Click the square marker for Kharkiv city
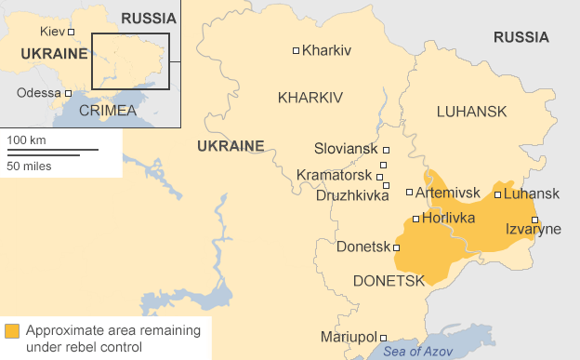297,50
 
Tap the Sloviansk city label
346,149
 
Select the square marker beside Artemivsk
410,193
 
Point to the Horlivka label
448,219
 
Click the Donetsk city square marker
397,247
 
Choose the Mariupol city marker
384,338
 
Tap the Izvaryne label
533,230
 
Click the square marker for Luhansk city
498,194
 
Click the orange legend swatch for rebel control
11,331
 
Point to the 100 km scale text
27,140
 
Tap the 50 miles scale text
30,166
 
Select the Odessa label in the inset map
38,93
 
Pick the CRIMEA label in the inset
107,111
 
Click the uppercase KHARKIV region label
310,98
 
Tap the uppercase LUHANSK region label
471,112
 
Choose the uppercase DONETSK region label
389,280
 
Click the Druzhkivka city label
352,195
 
